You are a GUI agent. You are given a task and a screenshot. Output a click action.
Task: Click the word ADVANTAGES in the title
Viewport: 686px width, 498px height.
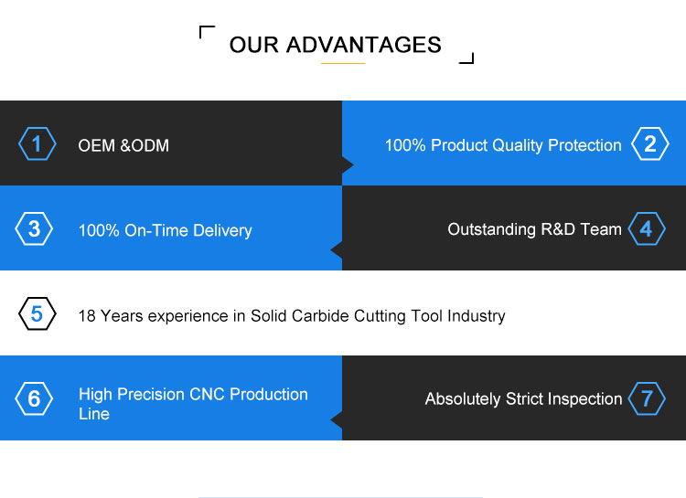(363, 45)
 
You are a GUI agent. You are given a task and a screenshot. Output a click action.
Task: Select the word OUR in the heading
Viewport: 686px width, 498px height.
(253, 45)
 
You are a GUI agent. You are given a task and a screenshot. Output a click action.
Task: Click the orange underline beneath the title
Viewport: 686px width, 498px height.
(343, 63)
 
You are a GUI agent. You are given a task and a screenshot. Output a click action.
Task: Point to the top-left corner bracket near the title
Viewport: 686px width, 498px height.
(200, 27)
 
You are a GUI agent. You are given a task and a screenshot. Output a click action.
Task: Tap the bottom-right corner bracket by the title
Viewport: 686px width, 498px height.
(473, 62)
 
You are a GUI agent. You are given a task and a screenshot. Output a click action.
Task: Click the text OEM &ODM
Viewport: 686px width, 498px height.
(123, 145)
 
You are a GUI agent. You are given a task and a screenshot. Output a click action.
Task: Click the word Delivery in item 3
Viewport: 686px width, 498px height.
(222, 231)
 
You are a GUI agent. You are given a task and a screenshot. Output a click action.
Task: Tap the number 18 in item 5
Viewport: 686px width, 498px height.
(87, 315)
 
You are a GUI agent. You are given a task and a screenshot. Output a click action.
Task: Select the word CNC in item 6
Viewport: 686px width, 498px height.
(208, 395)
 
